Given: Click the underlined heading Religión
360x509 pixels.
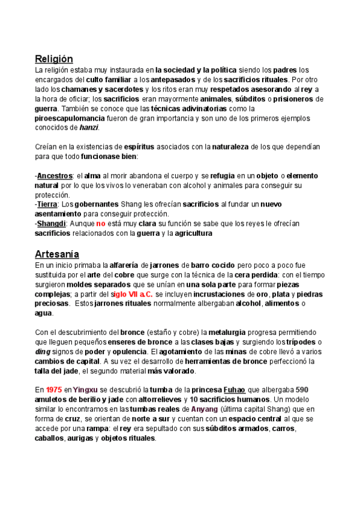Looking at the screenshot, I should [54, 59].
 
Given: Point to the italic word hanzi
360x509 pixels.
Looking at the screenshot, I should [89, 128].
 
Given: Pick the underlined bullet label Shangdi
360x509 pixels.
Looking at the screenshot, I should [51, 224].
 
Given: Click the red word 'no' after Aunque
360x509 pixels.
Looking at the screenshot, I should [101, 224].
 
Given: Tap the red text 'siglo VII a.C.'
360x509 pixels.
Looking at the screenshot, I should [132, 294].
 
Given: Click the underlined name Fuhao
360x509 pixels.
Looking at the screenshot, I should [237, 390].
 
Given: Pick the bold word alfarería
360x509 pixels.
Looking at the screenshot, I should [127, 265].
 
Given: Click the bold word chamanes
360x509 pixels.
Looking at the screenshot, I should [80, 89].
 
